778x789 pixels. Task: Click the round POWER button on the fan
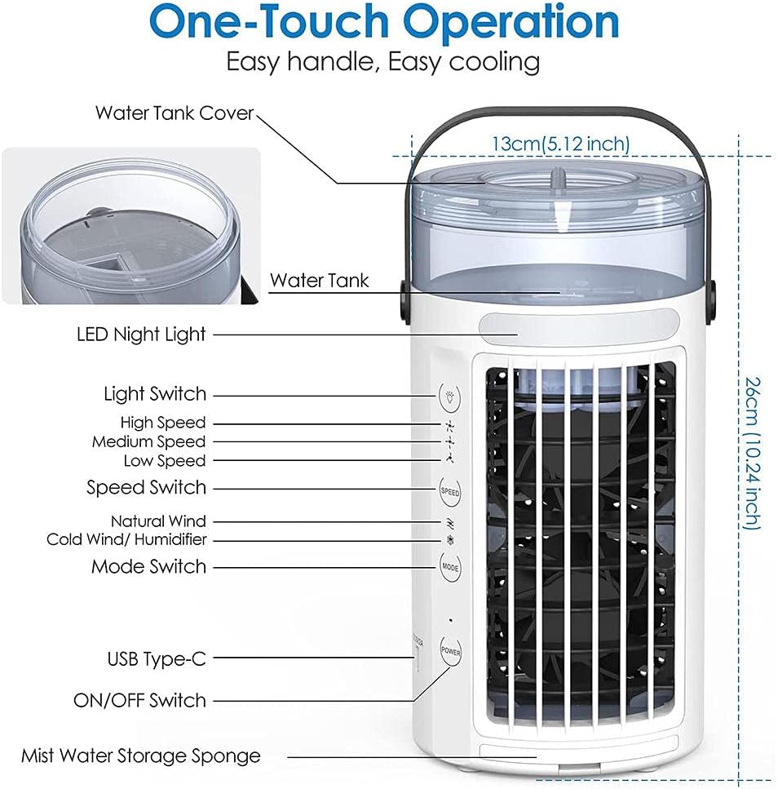[450, 651]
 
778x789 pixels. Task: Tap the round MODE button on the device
[450, 565]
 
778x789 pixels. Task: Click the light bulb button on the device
[450, 396]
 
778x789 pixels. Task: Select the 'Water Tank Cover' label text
[175, 113]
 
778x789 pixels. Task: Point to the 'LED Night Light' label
[141, 334]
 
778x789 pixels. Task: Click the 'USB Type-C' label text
[157, 658]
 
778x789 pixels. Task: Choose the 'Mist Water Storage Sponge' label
[141, 756]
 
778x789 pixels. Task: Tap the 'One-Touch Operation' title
[383, 24]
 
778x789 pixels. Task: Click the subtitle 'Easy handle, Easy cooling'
[382, 62]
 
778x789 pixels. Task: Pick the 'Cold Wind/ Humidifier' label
[126, 539]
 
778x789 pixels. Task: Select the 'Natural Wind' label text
[158, 521]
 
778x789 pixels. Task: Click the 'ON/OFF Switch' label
[139, 700]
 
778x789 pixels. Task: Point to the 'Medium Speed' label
[148, 441]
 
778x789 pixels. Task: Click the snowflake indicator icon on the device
[449, 539]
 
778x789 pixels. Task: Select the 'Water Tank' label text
[319, 281]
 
